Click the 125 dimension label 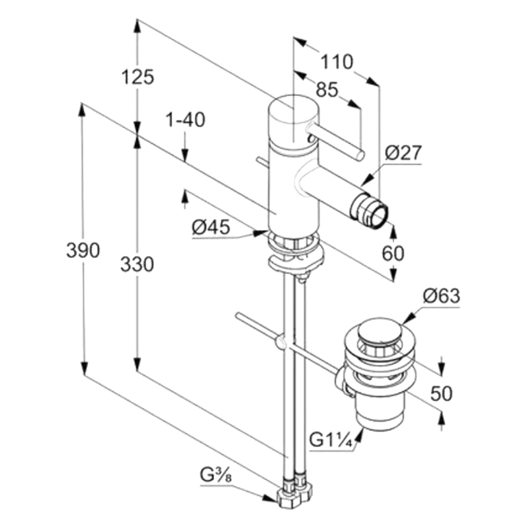[138, 77]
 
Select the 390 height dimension [83, 251]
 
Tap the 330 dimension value [138, 264]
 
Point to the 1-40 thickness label [185, 120]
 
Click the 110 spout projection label [337, 62]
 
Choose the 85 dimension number [327, 90]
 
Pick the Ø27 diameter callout [404, 153]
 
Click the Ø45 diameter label [211, 227]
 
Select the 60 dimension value [393, 253]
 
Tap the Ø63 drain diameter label [441, 296]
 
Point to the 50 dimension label [442, 393]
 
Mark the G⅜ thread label [216, 476]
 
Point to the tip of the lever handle [360, 155]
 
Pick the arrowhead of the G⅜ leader [270, 498]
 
